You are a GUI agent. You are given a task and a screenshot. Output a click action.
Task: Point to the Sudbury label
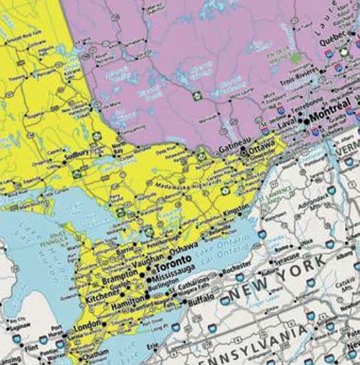point(76,154)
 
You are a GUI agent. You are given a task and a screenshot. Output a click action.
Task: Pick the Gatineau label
point(231,148)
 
